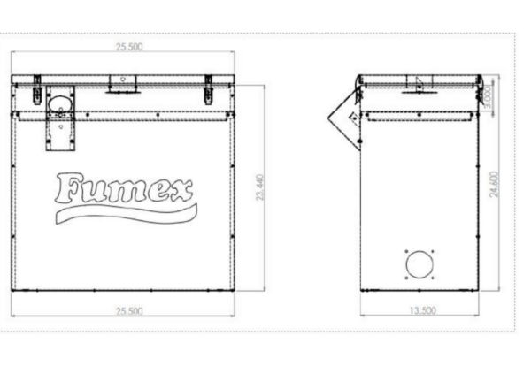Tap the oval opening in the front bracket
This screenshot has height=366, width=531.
(59, 103)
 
